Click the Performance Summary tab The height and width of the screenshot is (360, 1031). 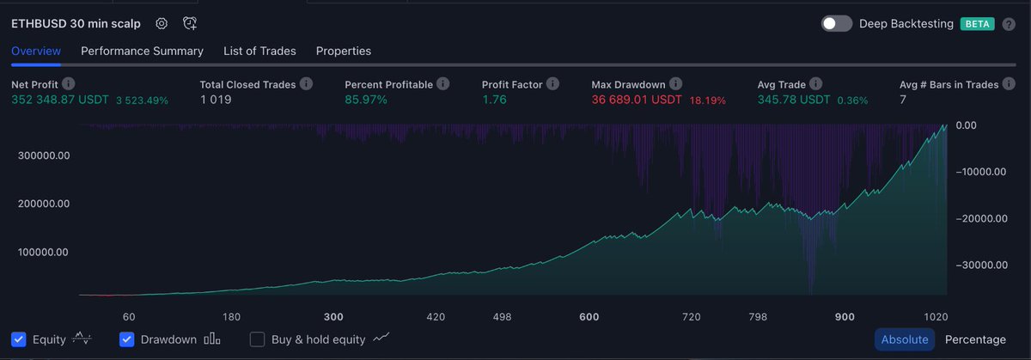(x=142, y=51)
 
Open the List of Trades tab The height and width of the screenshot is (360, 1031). (x=259, y=51)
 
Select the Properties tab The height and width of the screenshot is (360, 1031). (x=344, y=51)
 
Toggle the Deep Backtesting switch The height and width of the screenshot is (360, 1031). (x=836, y=24)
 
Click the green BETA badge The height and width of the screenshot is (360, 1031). (x=977, y=24)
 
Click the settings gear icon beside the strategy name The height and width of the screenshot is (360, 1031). (x=162, y=24)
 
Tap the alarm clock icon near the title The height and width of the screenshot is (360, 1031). (x=190, y=24)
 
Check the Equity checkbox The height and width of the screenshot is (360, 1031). (x=19, y=339)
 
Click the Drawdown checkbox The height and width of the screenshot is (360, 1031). (x=126, y=339)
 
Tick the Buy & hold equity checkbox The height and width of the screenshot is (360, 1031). (x=257, y=339)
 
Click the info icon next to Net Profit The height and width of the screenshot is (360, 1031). (x=69, y=84)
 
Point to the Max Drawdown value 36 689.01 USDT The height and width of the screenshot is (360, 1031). (x=637, y=101)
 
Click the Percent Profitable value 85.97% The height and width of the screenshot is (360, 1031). (x=366, y=101)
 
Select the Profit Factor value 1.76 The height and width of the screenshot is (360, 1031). (x=495, y=101)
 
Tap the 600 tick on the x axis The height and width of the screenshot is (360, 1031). (x=589, y=317)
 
